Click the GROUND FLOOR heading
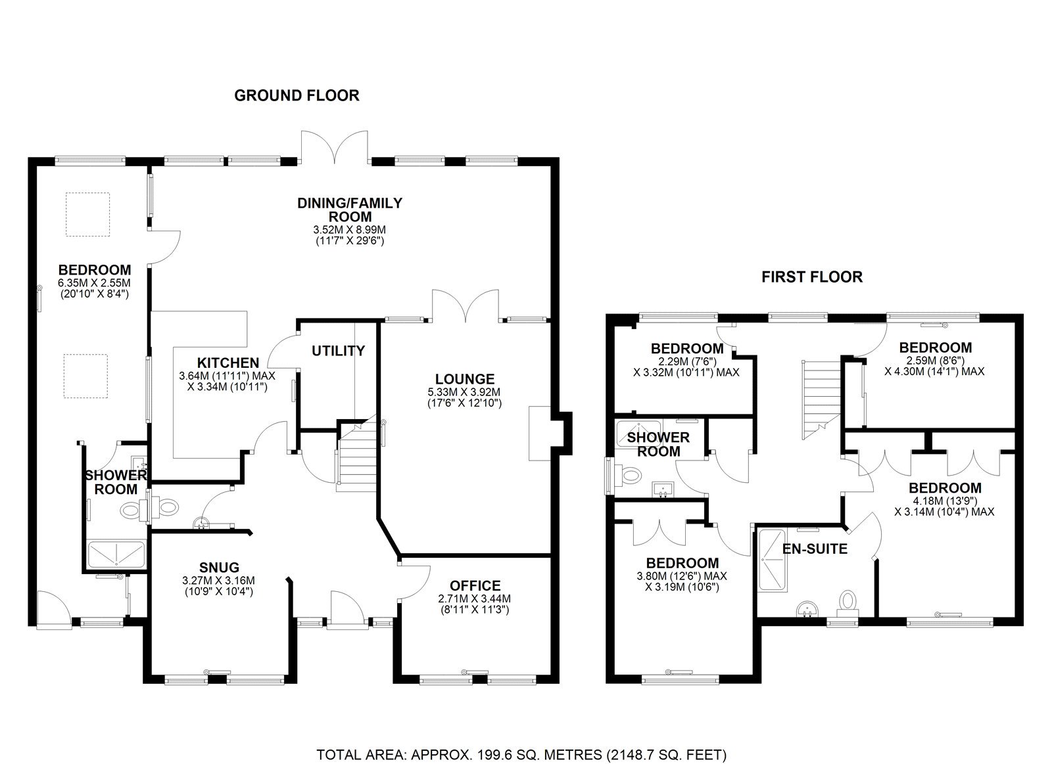(x=297, y=96)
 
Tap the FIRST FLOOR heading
(x=812, y=277)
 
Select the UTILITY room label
(x=338, y=351)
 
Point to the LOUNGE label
(x=465, y=379)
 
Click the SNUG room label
(x=219, y=568)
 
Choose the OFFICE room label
(x=475, y=586)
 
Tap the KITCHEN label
(x=228, y=363)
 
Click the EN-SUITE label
(x=815, y=549)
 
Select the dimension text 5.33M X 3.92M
(x=464, y=392)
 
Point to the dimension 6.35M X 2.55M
(x=95, y=283)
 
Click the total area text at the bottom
(x=521, y=729)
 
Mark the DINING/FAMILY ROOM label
(x=350, y=210)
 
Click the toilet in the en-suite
(x=848, y=604)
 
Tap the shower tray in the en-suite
(x=772, y=560)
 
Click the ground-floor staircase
(x=357, y=456)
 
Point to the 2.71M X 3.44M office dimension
(x=475, y=599)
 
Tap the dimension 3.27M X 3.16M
(x=219, y=581)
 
